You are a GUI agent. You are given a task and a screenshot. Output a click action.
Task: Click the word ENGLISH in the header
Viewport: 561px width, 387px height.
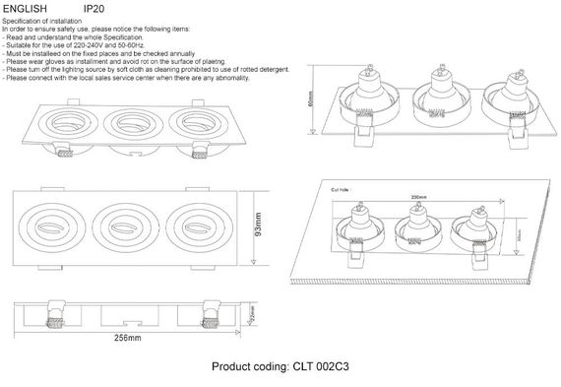tap(24, 9)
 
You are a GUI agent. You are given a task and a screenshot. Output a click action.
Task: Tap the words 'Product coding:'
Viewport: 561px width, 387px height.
tap(250, 366)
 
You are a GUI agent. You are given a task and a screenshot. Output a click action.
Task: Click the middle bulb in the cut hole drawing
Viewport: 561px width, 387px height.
tap(411, 229)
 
